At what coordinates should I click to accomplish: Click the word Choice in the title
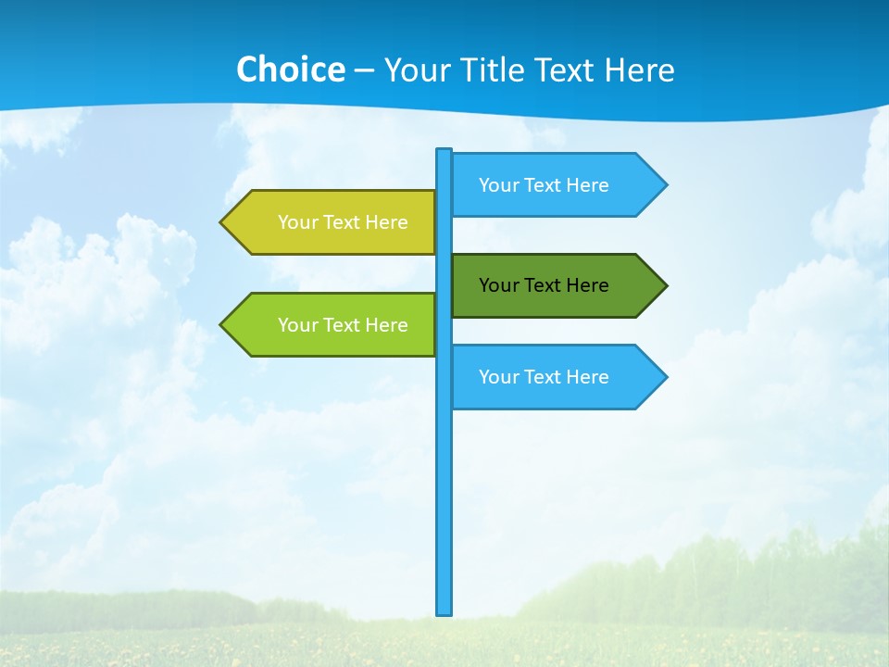[290, 69]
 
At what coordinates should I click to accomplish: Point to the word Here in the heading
[639, 69]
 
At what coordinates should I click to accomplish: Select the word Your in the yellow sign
[296, 222]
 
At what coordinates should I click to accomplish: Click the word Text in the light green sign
[343, 325]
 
